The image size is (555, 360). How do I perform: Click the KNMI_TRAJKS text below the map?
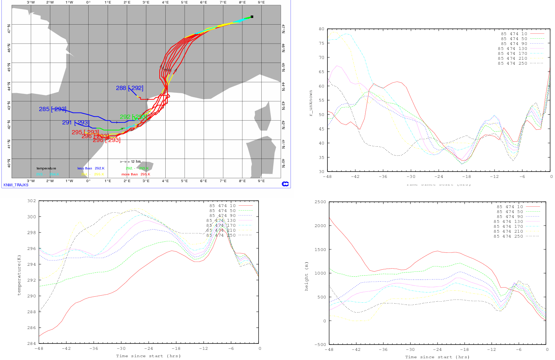pos(16,185)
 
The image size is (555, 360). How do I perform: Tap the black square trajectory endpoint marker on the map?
pos(252,17)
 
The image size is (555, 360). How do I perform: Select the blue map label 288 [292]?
pos(129,88)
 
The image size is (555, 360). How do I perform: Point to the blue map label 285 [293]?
pos(52,109)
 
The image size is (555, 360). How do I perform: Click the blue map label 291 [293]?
pos(75,122)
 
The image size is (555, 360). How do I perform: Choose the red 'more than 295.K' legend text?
pos(136,174)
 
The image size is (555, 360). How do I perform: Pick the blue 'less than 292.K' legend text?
pos(91,168)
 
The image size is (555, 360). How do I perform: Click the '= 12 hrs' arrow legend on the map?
pos(130,162)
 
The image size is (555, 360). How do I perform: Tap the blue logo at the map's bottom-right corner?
pos(285,184)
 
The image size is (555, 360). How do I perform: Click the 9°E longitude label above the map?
pos(261,2)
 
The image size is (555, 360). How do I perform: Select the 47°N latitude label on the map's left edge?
pos(9,28)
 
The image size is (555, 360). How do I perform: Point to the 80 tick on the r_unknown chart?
pos(321,29)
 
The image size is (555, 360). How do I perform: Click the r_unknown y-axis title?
pos(311,103)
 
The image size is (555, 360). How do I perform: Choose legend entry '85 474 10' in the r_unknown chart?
pos(514,34)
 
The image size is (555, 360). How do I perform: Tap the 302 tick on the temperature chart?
pos(32,201)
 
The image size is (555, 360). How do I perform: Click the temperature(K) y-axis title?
pos(19,275)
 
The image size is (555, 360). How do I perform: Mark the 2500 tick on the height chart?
pos(320,202)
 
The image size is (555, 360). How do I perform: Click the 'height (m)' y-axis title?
pos(307,276)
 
